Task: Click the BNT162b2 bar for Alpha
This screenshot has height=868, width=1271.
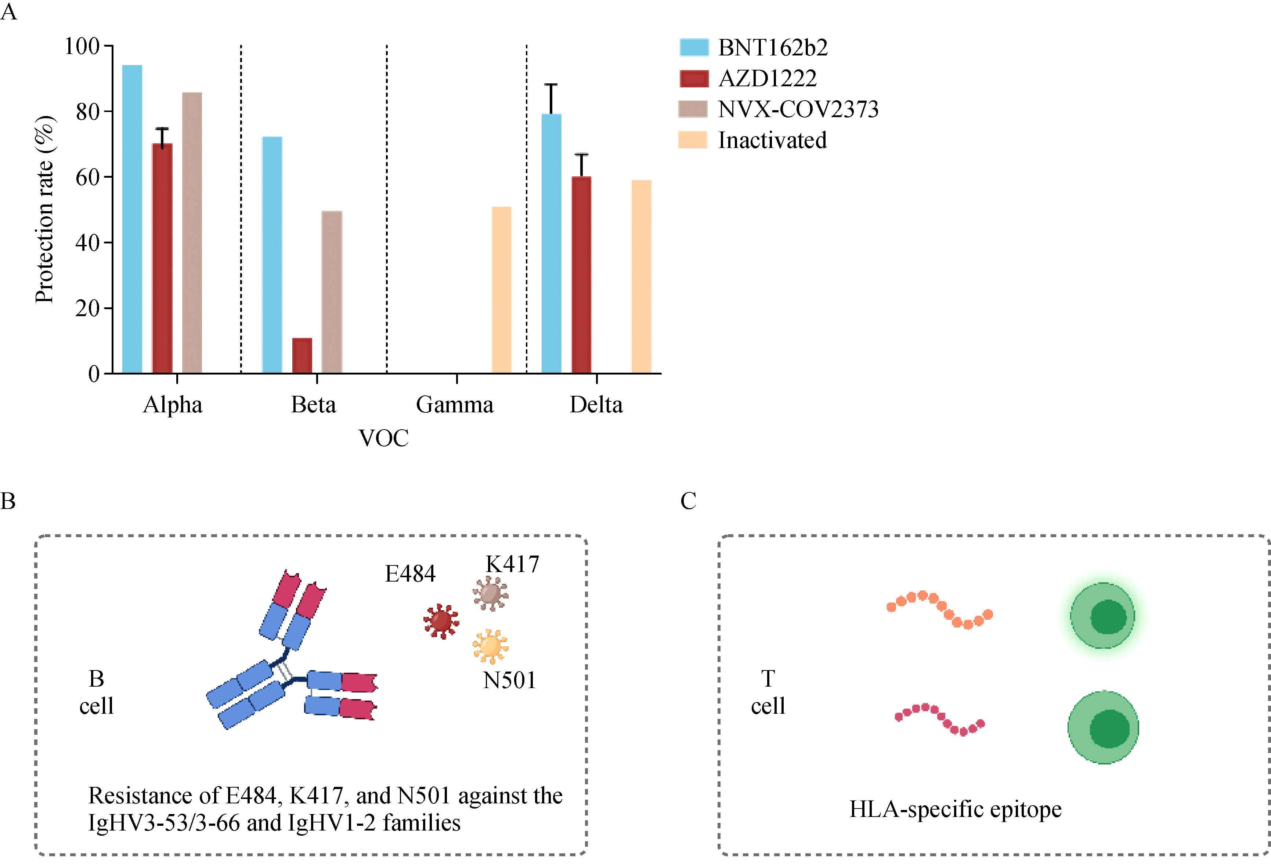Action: pyautogui.click(x=132, y=219)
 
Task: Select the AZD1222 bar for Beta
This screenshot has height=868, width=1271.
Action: pyautogui.click(x=302, y=355)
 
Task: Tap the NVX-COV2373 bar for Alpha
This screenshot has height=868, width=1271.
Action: pyautogui.click(x=192, y=232)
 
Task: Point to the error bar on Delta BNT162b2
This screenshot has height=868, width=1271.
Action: pyautogui.click(x=551, y=98)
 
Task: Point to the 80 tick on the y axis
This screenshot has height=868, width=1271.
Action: pyautogui.click(x=87, y=112)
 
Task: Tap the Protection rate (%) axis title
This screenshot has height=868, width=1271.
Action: pyautogui.click(x=45, y=210)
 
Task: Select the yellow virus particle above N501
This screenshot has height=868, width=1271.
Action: pyautogui.click(x=490, y=646)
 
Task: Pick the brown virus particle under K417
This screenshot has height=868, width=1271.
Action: pyautogui.click(x=490, y=593)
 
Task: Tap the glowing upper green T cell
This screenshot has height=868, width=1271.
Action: pyautogui.click(x=1102, y=616)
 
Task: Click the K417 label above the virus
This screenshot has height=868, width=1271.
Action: pyautogui.click(x=512, y=564)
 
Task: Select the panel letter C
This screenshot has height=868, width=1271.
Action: pyautogui.click(x=688, y=501)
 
